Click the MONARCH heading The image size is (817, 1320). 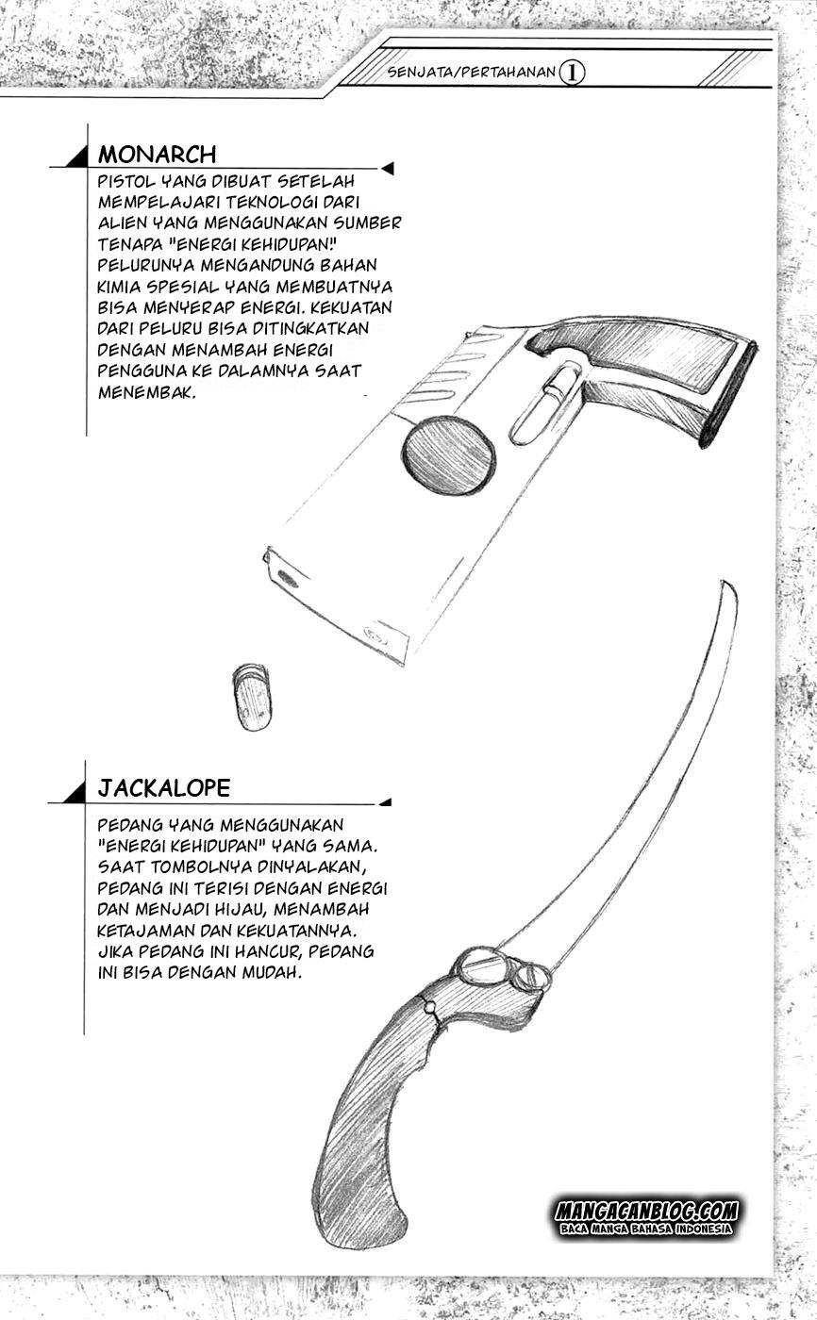[157, 155]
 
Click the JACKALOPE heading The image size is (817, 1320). [163, 788]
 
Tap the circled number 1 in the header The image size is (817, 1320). [571, 74]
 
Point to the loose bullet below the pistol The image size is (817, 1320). [252, 697]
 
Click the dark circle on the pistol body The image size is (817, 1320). [447, 455]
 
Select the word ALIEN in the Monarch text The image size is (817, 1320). [121, 223]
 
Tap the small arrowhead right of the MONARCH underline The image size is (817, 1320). [387, 169]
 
